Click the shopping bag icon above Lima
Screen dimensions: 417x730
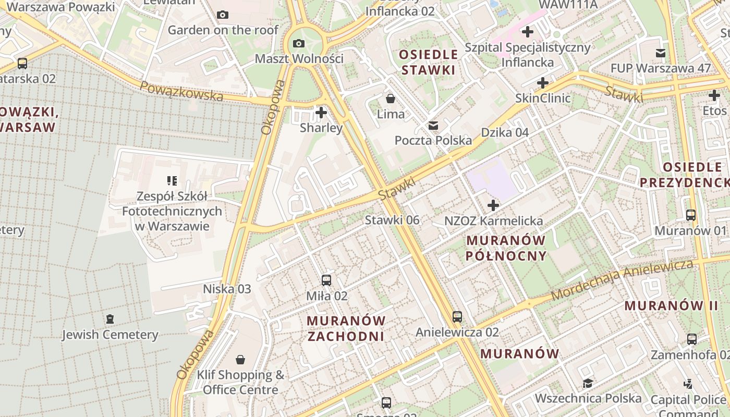click(x=390, y=98)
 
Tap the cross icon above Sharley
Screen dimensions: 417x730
click(x=321, y=112)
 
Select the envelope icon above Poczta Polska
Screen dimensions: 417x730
click(x=433, y=125)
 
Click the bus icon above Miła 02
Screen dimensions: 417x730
click(x=326, y=280)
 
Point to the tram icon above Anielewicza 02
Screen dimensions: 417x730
click(x=457, y=316)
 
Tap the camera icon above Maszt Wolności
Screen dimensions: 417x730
click(x=299, y=43)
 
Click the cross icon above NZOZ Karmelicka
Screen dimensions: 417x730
click(x=493, y=205)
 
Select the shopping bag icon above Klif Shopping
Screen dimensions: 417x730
click(x=240, y=360)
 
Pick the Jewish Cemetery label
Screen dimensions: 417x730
click(x=110, y=335)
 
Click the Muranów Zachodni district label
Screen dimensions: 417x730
click(x=346, y=328)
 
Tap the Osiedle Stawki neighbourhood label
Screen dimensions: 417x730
click(x=428, y=62)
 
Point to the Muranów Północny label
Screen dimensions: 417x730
click(x=506, y=248)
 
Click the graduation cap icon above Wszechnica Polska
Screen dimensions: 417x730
click(x=588, y=383)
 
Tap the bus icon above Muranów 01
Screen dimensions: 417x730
click(x=690, y=215)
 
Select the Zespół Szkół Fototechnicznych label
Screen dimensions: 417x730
click(x=172, y=211)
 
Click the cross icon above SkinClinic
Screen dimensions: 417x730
click(x=542, y=83)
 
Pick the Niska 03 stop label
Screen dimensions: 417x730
click(x=227, y=289)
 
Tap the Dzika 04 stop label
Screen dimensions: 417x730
click(x=505, y=132)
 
